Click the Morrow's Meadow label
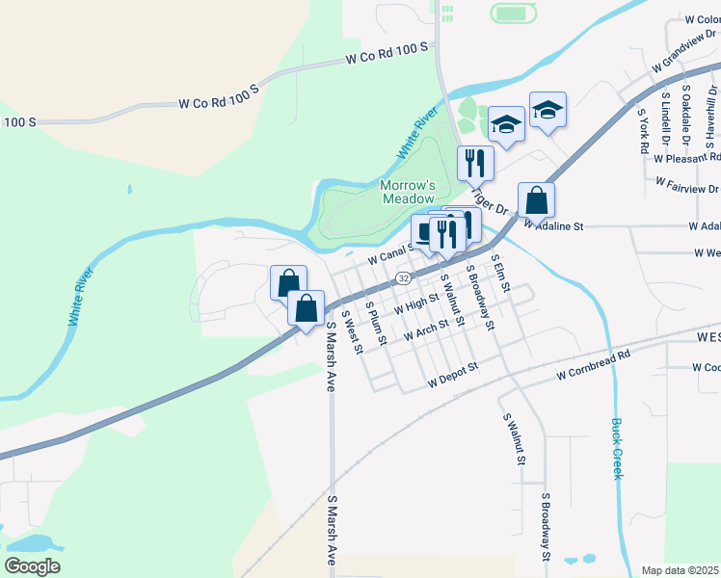click(x=408, y=191)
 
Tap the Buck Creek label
click(x=617, y=448)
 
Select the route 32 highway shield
click(x=402, y=278)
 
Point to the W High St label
click(x=416, y=304)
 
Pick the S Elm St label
click(x=498, y=275)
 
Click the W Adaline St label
click(x=554, y=226)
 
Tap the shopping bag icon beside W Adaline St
click(x=537, y=200)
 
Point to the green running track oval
click(x=513, y=13)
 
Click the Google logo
click(x=32, y=566)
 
